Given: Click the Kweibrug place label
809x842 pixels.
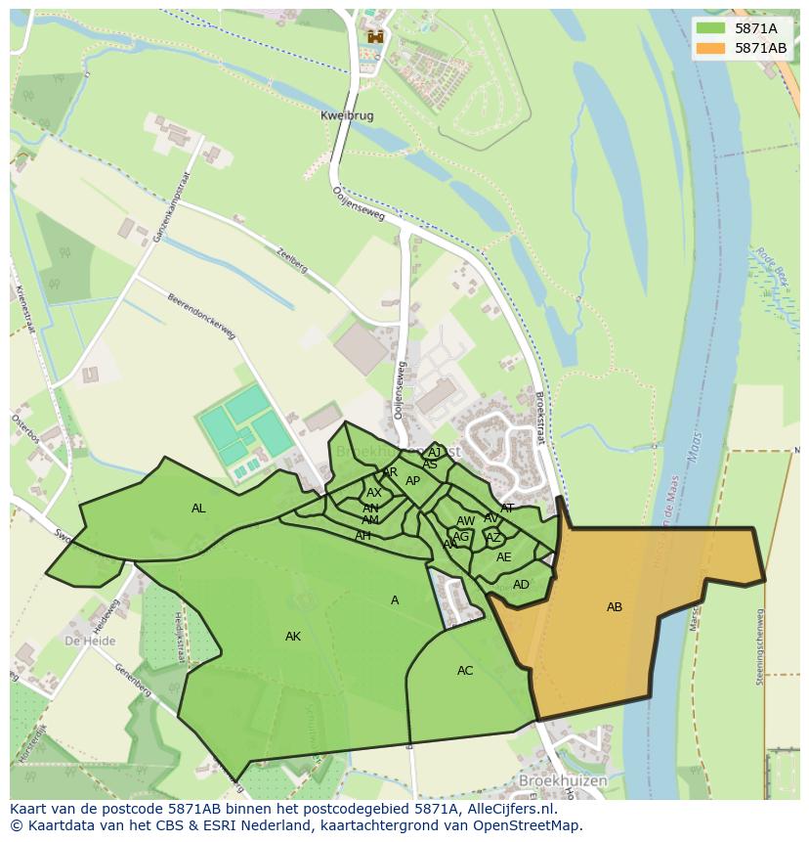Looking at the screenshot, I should click(347, 115).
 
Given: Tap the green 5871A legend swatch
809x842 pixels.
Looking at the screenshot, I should click(710, 29).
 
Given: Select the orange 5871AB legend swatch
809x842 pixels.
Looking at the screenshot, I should click(710, 48).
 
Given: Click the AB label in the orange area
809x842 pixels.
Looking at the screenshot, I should click(615, 607).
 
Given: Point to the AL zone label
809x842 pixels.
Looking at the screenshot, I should click(198, 509).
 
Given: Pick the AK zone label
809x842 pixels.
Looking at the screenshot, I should click(293, 637).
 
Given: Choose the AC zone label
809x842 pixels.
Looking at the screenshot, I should click(465, 671).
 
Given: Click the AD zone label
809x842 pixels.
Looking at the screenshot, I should click(521, 585).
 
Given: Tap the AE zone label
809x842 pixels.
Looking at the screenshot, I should click(504, 557).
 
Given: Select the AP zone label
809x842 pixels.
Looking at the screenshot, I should click(412, 481).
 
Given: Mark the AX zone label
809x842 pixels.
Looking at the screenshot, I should click(374, 493).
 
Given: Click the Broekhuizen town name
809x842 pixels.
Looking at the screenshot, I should click(564, 781).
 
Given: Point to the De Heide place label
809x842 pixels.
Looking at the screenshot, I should click(90, 642).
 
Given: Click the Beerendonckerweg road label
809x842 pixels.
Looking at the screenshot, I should click(201, 317).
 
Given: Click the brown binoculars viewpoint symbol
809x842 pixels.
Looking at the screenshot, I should click(374, 37).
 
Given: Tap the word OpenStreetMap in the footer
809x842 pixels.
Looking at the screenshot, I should click(525, 825).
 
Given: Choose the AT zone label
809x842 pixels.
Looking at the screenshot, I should click(507, 509).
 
